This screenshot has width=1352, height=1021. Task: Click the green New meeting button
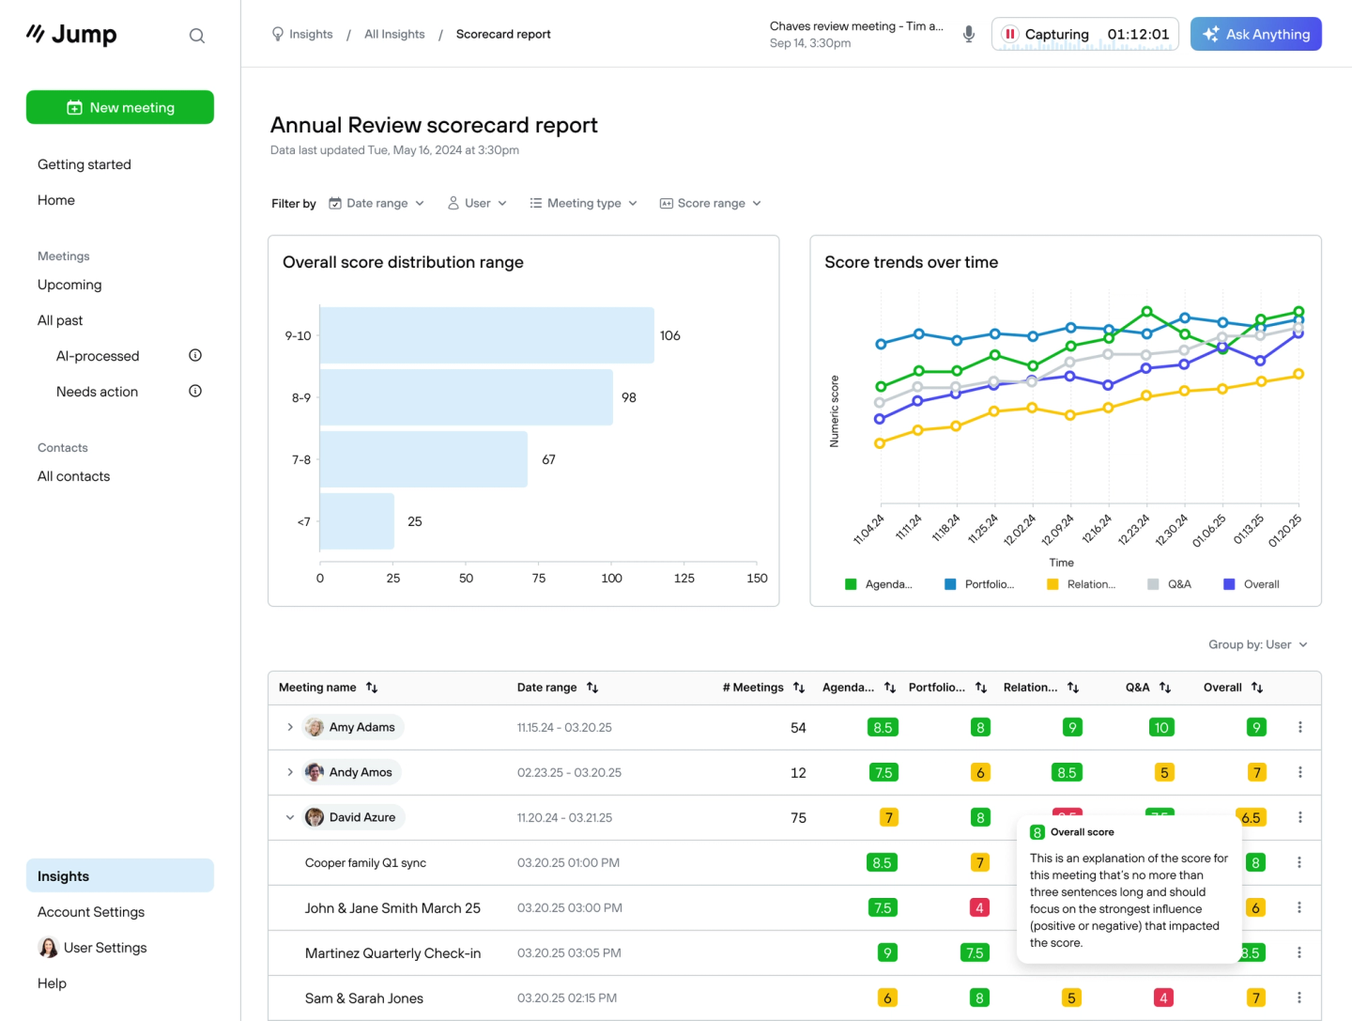[120, 107]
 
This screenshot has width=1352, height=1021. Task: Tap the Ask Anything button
[1255, 34]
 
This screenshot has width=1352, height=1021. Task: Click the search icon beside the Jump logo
[196, 36]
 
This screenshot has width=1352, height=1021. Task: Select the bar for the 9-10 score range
[486, 335]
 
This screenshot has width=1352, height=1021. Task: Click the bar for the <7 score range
[357, 521]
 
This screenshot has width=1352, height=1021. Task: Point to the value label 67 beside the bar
[548, 459]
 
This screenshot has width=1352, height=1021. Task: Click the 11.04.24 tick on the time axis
[869, 529]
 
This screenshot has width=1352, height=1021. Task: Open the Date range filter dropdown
[376, 203]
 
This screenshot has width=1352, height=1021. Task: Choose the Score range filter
[711, 203]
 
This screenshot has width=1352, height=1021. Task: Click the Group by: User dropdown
[1257, 644]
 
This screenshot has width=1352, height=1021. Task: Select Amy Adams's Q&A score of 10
[1161, 727]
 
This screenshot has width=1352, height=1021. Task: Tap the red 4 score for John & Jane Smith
[979, 907]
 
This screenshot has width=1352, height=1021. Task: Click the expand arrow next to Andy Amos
[290, 772]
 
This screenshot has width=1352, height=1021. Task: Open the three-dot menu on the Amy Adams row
[1299, 727]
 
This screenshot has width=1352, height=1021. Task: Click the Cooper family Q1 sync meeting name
[365, 862]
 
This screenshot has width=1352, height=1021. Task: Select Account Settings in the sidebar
[91, 912]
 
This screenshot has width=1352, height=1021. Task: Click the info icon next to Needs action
[195, 391]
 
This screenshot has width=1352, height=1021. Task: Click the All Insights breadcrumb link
[394, 34]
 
